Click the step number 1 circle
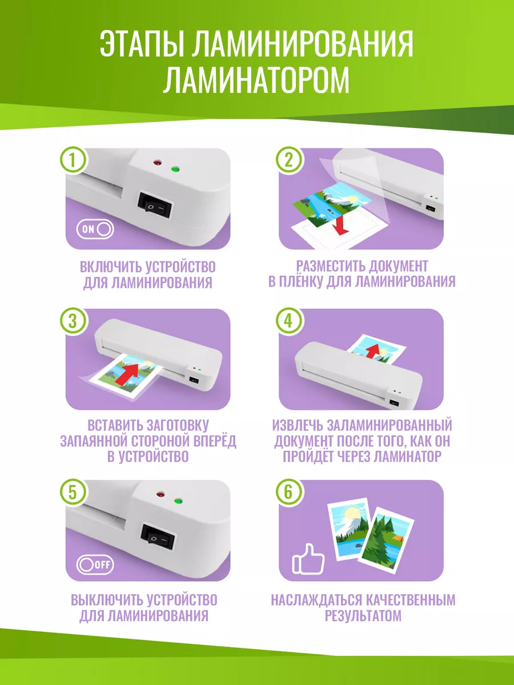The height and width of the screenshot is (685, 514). [74, 160]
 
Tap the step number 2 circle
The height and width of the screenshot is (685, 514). [290, 160]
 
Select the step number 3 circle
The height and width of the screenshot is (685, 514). [74, 321]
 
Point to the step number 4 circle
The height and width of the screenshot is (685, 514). [290, 321]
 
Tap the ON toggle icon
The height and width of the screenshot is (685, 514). [95, 229]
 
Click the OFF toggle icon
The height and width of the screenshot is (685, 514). [95, 565]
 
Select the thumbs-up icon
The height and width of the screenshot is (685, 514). [308, 559]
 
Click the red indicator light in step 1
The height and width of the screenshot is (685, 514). [157, 163]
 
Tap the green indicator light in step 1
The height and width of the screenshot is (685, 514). [175, 170]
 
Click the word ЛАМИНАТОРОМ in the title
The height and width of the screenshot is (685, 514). [256, 80]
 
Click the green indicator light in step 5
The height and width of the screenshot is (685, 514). [178, 501]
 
